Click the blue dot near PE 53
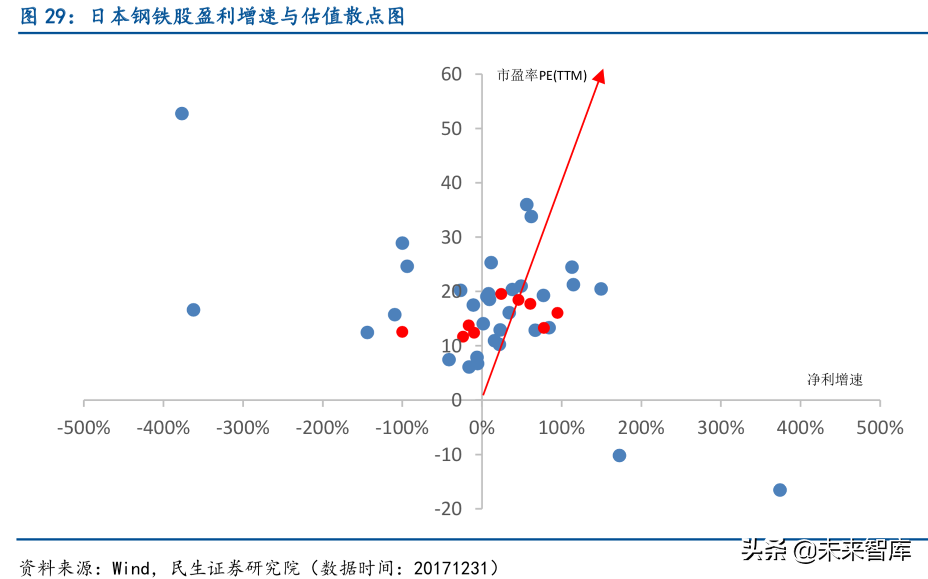[182, 114]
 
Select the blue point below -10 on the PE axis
[619, 455]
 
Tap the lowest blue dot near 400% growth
[780, 490]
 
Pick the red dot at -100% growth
[402, 332]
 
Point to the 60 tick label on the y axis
[451, 74]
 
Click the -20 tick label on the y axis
[448, 508]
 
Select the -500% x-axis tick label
[84, 428]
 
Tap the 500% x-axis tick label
[879, 428]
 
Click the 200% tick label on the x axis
[641, 428]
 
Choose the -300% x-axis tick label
[243, 428]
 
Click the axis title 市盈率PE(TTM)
[542, 76]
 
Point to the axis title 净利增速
[835, 380]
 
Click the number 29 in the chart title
[55, 17]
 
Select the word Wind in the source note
[131, 568]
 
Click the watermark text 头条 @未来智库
[826, 550]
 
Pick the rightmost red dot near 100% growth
[557, 313]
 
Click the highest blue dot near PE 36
[527, 204]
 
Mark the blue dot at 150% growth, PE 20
[601, 289]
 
